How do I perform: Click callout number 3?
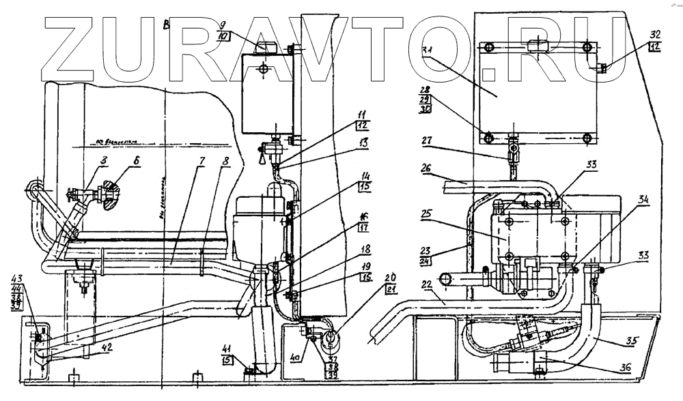85,160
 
